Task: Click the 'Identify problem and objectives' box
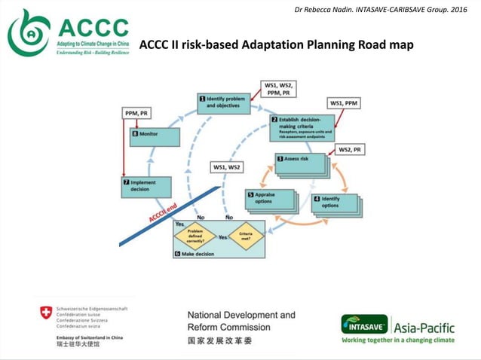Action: pyautogui.click(x=224, y=103)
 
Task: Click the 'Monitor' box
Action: pyautogui.click(x=155, y=137)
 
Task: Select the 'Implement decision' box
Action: pyautogui.click(x=147, y=186)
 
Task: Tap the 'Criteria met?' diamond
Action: pyautogui.click(x=246, y=236)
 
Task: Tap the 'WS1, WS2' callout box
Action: pyautogui.click(x=227, y=166)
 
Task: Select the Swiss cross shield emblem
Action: pyautogui.click(x=47, y=311)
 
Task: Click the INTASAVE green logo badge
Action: pyautogui.click(x=365, y=325)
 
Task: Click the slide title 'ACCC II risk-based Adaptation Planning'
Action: pyautogui.click(x=276, y=45)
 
